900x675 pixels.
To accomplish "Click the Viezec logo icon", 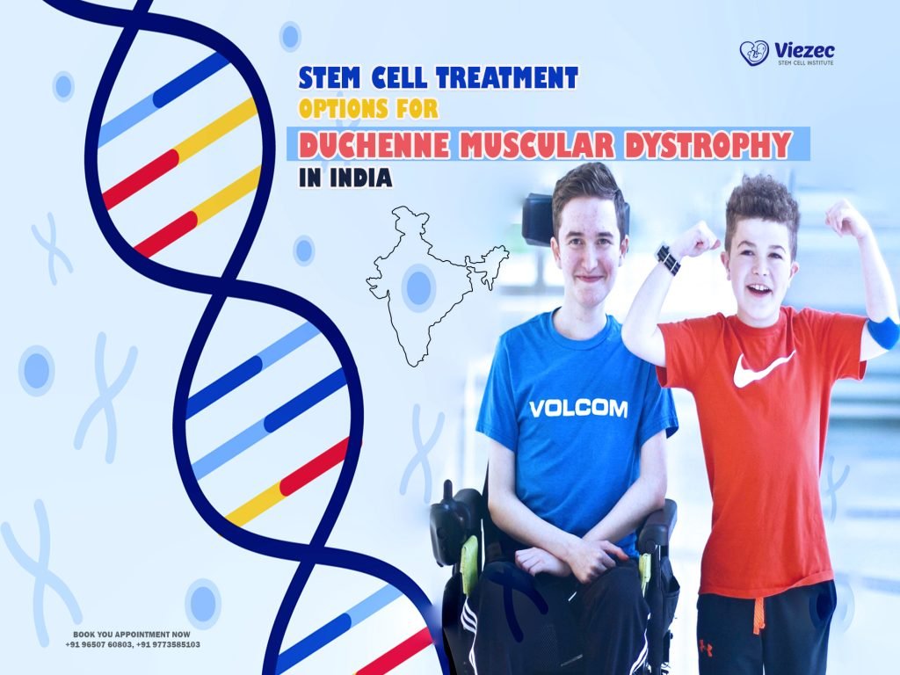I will pos(753,53).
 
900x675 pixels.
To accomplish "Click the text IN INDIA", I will pos(344,176).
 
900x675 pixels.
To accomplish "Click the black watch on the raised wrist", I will pos(668,259).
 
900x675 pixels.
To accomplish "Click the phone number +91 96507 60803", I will pos(99,644).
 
